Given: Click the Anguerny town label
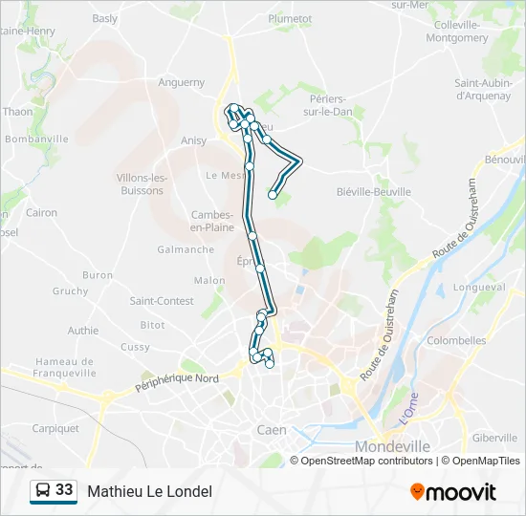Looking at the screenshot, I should (181, 82).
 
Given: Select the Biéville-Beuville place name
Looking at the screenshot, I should (374, 191).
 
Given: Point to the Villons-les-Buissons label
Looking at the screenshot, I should (141, 183).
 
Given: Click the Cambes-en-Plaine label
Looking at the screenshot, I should (213, 221).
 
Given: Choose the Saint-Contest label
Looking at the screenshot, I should (162, 301).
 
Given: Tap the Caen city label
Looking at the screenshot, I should (271, 430).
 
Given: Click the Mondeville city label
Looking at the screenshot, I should (392, 446).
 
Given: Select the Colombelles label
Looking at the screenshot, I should (456, 340).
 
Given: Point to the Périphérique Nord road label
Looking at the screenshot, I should (177, 383).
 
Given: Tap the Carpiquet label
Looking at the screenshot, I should (55, 429).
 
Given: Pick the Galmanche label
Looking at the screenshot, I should (186, 249).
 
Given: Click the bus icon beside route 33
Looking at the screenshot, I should (43, 490).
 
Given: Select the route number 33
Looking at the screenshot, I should (64, 490).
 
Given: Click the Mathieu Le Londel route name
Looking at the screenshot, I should (149, 491).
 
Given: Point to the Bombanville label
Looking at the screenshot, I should (36, 139).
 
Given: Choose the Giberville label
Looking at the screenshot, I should (493, 438).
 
